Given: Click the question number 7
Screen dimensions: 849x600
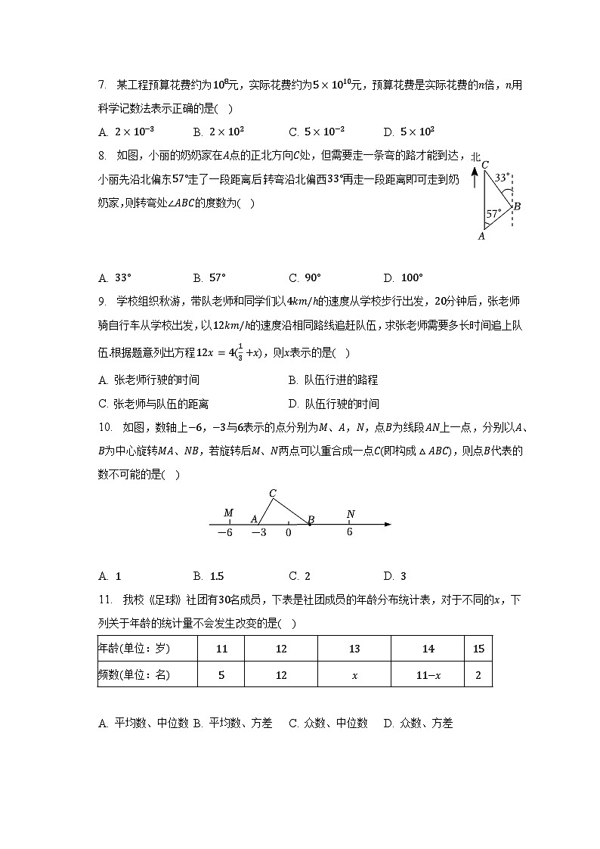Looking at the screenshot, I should point(101,85).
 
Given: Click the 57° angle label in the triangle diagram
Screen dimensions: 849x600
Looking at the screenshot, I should point(493,214).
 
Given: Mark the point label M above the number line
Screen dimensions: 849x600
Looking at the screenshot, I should point(228,514).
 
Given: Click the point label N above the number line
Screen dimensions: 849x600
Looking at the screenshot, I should point(350,514).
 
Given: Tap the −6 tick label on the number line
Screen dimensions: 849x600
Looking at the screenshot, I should point(225,533).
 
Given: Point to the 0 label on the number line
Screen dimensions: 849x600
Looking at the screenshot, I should point(288,533).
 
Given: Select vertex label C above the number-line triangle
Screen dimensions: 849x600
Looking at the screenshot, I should point(273,493).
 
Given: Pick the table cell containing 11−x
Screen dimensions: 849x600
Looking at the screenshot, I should point(428,675).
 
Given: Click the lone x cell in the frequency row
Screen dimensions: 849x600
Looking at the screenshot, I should point(354,675).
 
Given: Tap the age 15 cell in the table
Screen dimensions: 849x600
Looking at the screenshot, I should point(478,649).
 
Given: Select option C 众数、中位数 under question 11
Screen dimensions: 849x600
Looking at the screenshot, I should point(329,724).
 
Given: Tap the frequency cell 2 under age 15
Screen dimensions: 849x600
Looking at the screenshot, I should point(478,675).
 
